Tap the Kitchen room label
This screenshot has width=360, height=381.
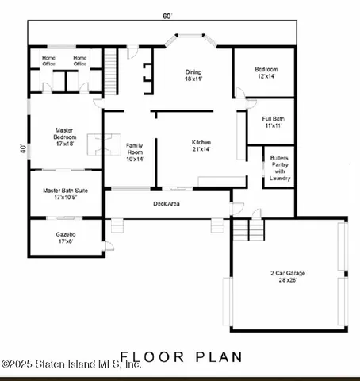[x=201, y=145]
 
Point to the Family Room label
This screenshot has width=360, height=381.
[x=134, y=152]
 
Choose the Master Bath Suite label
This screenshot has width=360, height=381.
[x=64, y=194]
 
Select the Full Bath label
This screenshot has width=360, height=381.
[x=274, y=122]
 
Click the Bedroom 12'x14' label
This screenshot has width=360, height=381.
[x=266, y=72]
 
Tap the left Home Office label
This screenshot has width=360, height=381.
[x=48, y=60]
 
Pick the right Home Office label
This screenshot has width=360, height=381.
[x=80, y=60]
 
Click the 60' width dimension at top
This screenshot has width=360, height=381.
[x=167, y=16]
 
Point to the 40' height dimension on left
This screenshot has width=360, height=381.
[x=24, y=148]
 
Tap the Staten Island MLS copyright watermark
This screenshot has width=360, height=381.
[x=71, y=364]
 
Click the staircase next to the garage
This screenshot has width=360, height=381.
[x=247, y=230]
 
